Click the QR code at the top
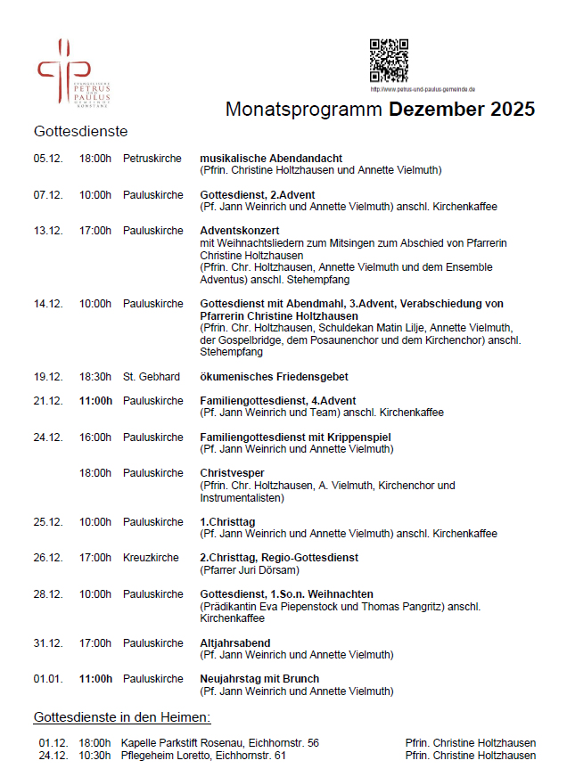pyautogui.click(x=389, y=61)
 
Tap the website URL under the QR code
pyautogui.click(x=422, y=89)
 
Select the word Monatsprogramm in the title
pyautogui.click(x=304, y=110)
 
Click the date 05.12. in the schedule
pyautogui.click(x=48, y=159)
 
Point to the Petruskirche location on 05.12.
pyautogui.click(x=152, y=159)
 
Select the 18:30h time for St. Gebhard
pyautogui.click(x=95, y=377)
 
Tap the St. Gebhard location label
pyautogui.click(x=152, y=377)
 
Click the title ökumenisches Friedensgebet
pyautogui.click(x=273, y=377)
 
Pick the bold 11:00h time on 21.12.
pyautogui.click(x=95, y=401)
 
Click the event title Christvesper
pyautogui.click(x=232, y=473)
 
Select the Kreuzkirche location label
pyautogui.click(x=151, y=558)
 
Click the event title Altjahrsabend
pyautogui.click(x=235, y=642)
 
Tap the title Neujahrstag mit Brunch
pyautogui.click(x=259, y=679)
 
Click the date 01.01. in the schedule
pyautogui.click(x=48, y=679)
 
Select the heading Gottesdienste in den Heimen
pyautogui.click(x=122, y=717)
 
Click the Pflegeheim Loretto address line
pyautogui.click(x=203, y=756)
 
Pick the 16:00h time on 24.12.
pyautogui.click(x=95, y=438)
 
